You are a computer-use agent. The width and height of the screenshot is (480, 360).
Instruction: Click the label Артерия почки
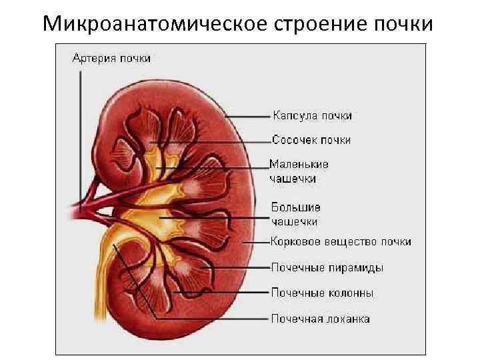(x=111, y=58)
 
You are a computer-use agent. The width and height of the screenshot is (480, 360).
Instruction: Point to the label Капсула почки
(x=312, y=116)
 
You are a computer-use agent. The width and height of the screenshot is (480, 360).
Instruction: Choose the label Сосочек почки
(x=311, y=140)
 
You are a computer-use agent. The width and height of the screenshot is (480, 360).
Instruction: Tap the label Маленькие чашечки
(x=299, y=171)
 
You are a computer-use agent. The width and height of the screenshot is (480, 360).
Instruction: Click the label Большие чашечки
(x=295, y=214)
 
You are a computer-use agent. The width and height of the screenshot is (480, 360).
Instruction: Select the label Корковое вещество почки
(x=341, y=241)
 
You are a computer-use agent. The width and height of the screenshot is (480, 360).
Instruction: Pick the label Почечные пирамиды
(x=327, y=267)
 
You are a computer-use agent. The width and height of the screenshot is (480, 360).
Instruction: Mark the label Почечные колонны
(x=322, y=293)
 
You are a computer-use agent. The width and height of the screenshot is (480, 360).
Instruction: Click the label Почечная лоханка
(x=320, y=318)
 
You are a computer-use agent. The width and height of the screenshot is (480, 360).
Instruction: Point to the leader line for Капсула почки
(x=250, y=116)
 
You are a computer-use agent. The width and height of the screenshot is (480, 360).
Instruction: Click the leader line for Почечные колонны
(x=220, y=293)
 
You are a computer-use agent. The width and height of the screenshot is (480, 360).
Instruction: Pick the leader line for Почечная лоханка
(x=213, y=319)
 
